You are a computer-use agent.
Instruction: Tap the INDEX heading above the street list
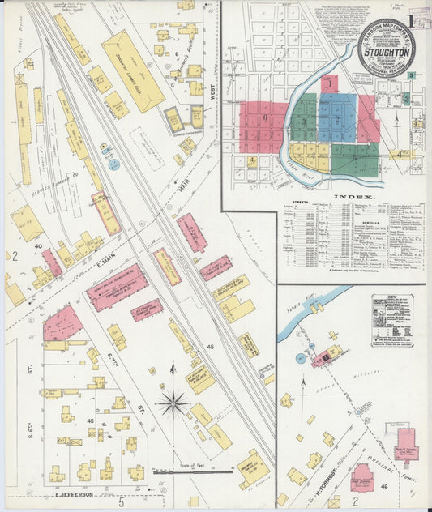click(353, 197)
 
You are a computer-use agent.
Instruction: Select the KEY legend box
click(392, 321)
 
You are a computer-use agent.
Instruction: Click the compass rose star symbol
click(173, 401)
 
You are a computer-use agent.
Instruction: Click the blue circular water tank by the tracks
click(113, 164)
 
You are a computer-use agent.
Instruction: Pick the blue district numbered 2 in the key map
click(337, 118)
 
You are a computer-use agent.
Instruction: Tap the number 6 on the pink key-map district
click(264, 118)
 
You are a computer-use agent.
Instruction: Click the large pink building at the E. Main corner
click(62, 322)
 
